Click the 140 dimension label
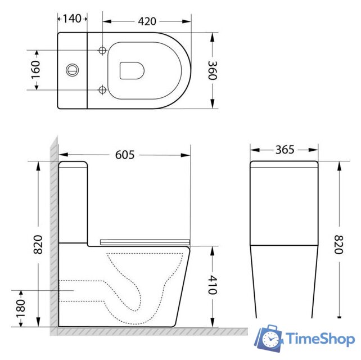click(72, 19)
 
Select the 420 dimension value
click(147, 21)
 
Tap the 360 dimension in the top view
click(212, 70)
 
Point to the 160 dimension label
click(35, 70)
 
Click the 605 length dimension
click(125, 154)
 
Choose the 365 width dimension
click(285, 150)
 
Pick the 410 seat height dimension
click(212, 285)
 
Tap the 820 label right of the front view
click(339, 244)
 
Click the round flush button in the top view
click(72, 70)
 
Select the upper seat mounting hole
click(102, 51)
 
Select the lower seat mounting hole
click(102, 90)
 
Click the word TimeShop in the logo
click(319, 339)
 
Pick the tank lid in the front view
click(285, 164)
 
